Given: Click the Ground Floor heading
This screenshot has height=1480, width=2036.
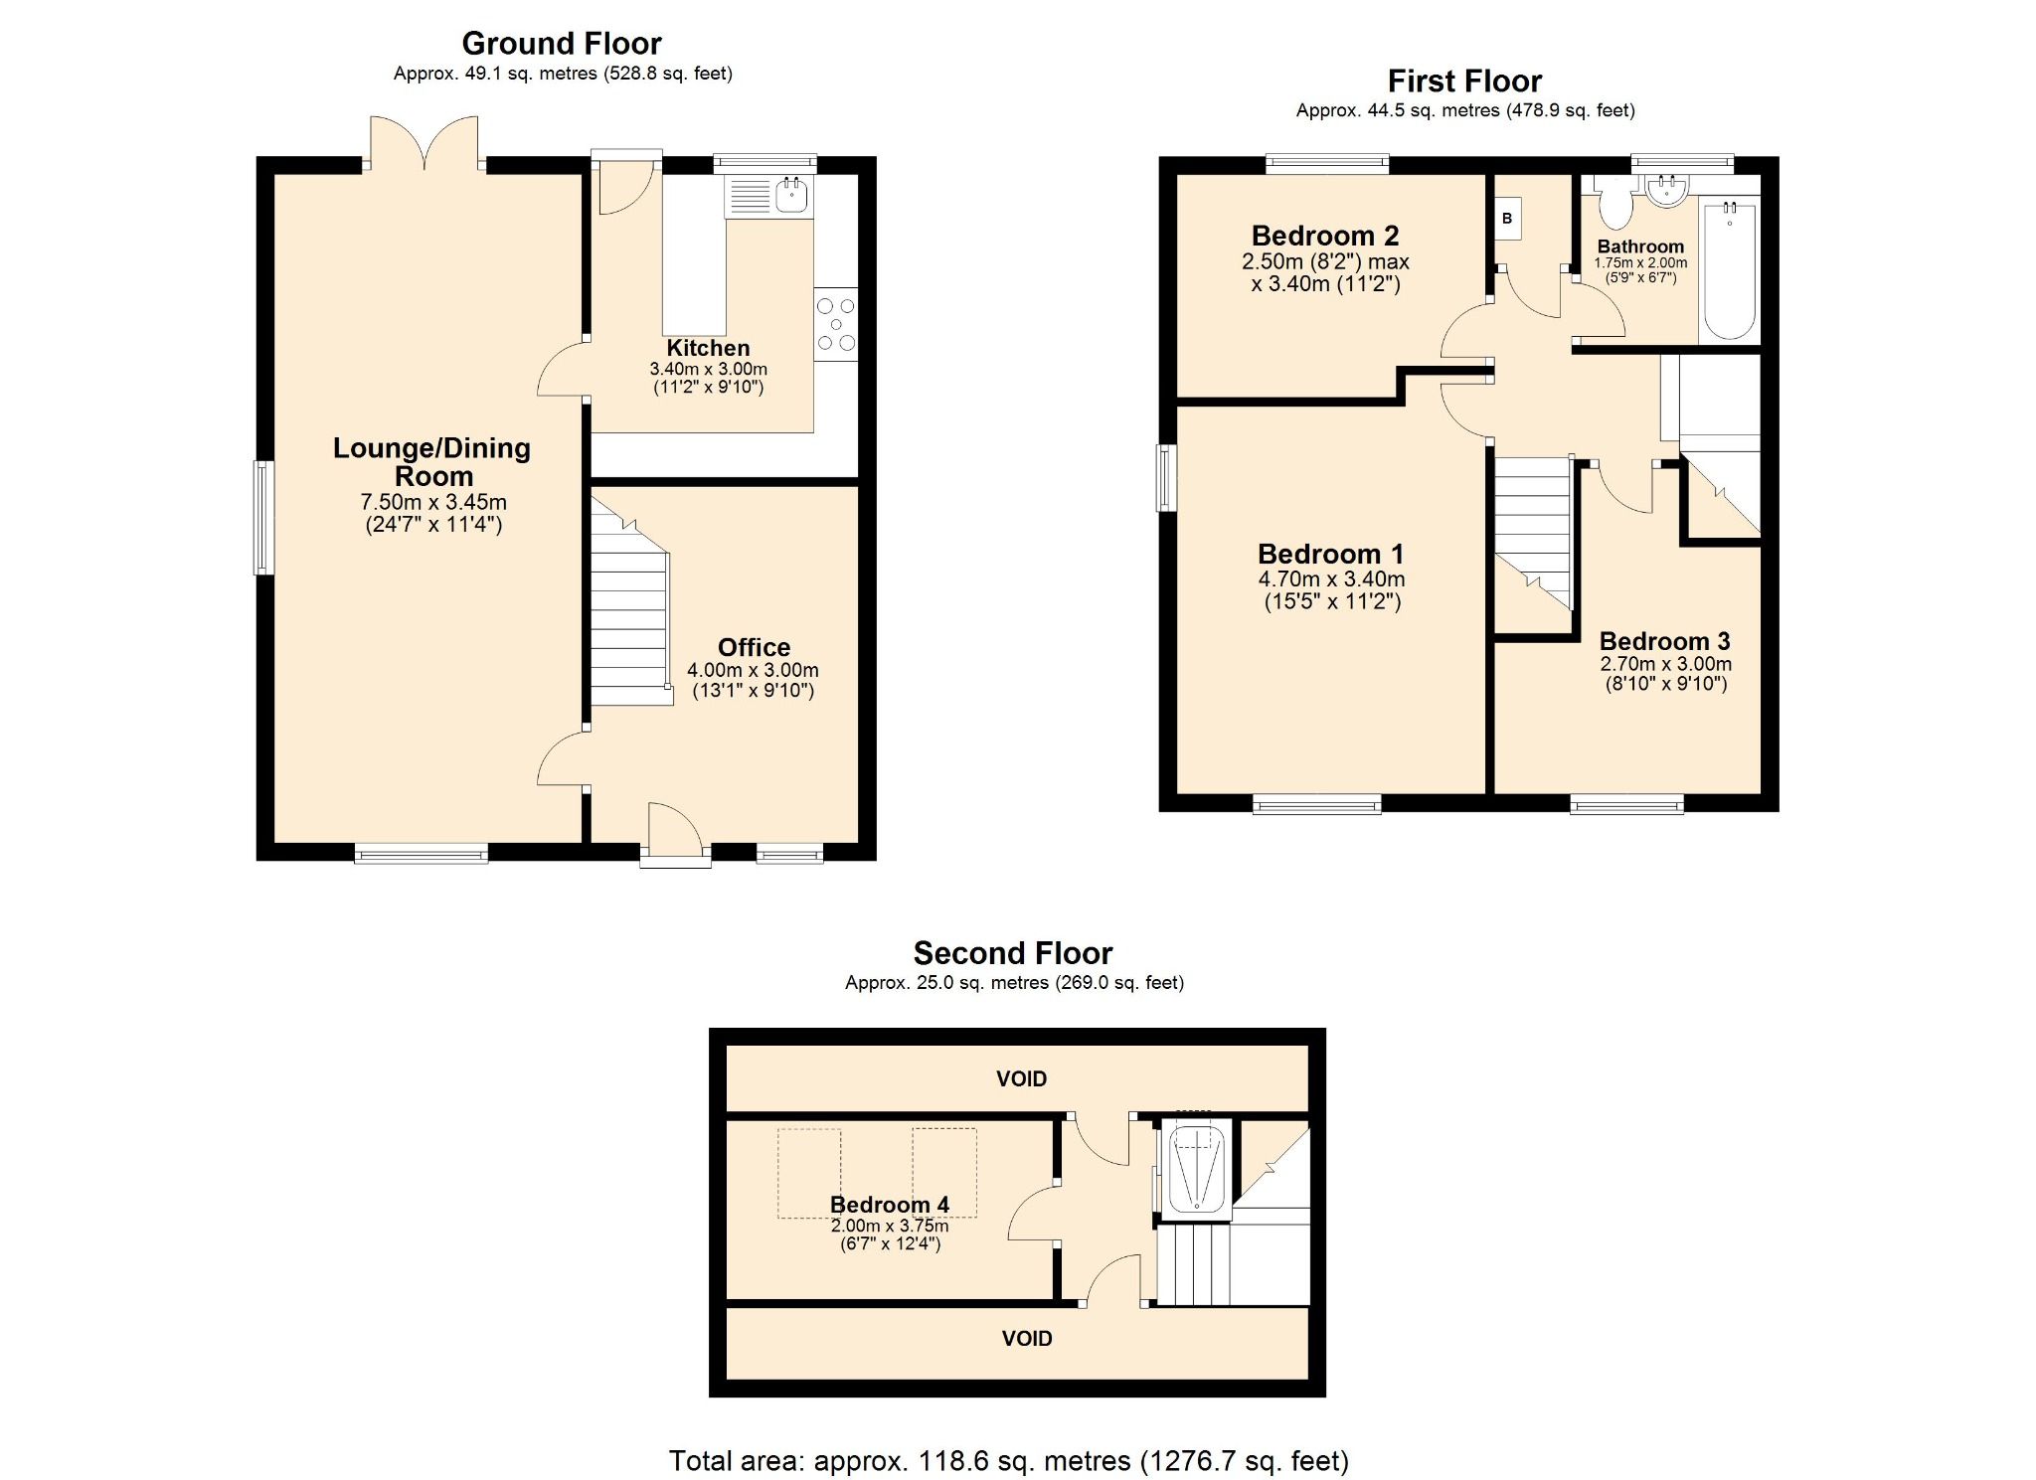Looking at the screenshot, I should (561, 44).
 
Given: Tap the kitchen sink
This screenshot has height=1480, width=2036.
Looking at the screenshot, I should (791, 195).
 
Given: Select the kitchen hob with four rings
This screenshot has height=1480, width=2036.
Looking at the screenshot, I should (835, 324).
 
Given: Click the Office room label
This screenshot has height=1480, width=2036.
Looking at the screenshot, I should (754, 647).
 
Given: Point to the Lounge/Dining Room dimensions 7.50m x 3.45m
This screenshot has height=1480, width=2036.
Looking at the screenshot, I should (433, 502).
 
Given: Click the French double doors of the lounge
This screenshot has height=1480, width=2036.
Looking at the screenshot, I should (424, 144).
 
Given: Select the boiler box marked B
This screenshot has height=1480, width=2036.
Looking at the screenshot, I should (1507, 219).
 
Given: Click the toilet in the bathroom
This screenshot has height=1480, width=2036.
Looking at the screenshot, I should (1614, 205).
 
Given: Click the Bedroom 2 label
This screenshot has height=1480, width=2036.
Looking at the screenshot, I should (1324, 236).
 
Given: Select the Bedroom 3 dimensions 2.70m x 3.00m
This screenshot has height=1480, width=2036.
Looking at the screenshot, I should (1665, 664).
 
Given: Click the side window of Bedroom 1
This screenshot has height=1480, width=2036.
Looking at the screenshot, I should (1166, 477).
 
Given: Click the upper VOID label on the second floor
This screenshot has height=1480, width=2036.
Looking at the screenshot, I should (1021, 1078).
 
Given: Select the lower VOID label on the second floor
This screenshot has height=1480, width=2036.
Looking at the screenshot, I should (1026, 1338).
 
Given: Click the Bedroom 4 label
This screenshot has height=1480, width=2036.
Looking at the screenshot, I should (889, 1205).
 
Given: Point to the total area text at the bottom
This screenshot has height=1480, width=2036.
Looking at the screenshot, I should (1008, 1460).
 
